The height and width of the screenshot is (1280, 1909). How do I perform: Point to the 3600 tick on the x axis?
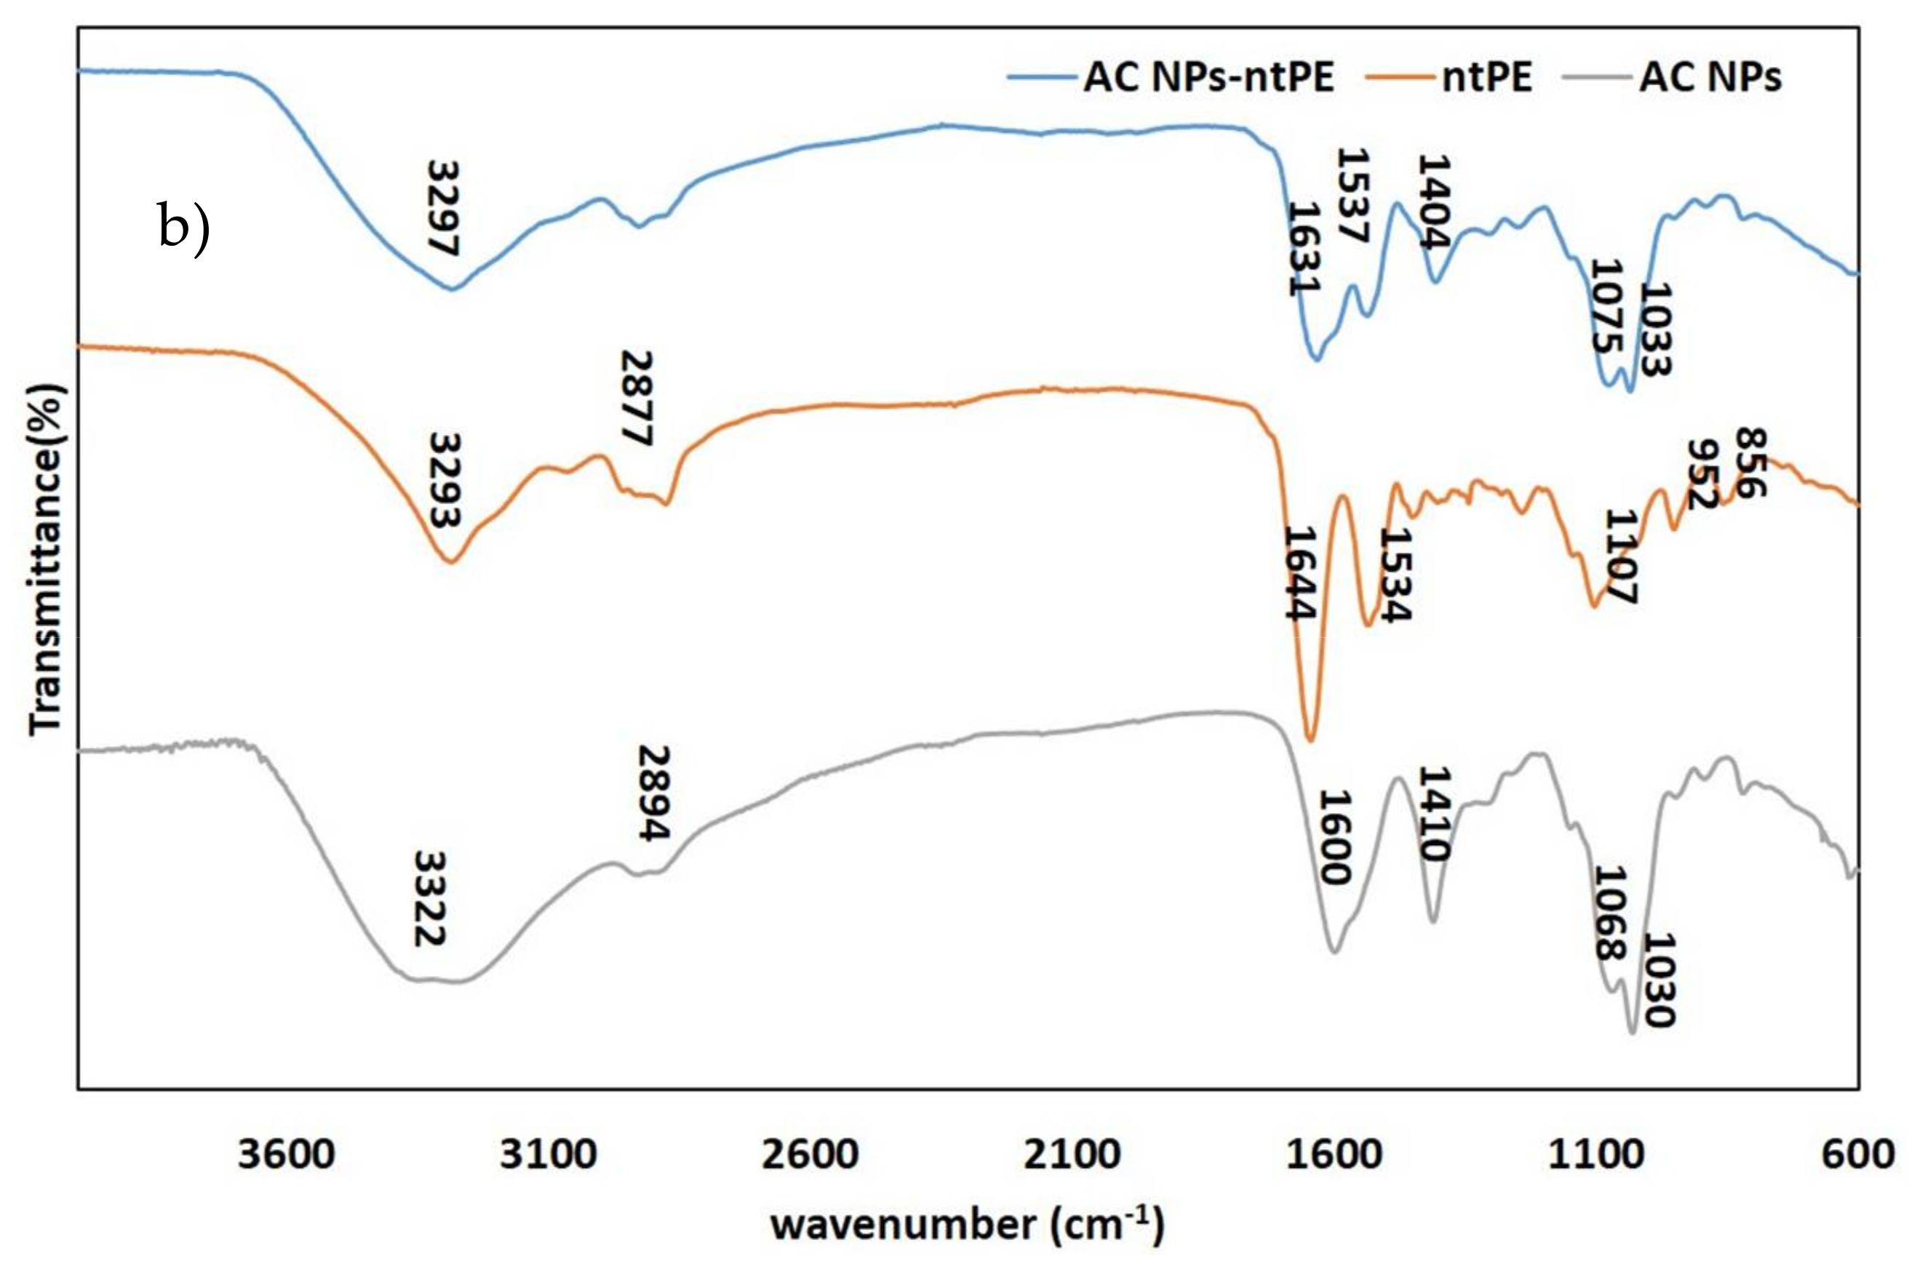[x=286, y=1154]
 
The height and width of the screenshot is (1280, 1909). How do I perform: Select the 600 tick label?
[x=1857, y=1154]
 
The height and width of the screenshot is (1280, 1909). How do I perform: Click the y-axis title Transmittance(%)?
[x=46, y=559]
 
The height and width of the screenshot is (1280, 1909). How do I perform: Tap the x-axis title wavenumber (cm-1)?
[x=967, y=1225]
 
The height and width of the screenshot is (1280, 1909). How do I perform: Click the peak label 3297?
[x=443, y=208]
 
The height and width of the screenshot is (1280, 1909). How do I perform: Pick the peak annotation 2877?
[x=637, y=399]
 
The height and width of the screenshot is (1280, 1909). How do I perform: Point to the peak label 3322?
[x=429, y=898]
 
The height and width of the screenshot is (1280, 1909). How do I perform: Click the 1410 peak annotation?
[x=1434, y=813]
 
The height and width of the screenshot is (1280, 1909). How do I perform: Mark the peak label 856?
[x=1750, y=462]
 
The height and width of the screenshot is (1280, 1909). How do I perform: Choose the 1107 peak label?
[x=1622, y=557]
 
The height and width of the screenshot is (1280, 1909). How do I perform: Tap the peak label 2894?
[x=654, y=792]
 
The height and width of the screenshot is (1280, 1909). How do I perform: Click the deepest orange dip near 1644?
[x=1310, y=740]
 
